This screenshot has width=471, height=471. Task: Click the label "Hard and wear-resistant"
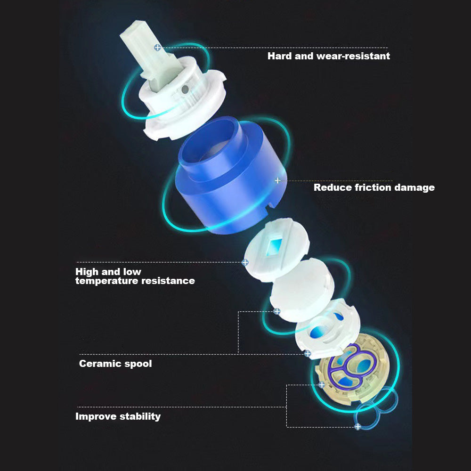pos(329,56)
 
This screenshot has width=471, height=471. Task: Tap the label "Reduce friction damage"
pos(374,187)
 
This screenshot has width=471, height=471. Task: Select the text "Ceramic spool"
pos(115,364)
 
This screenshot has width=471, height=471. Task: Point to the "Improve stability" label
pos(118,416)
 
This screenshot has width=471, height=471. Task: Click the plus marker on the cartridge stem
pos(157,48)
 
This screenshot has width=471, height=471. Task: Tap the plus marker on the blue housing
pos(277,180)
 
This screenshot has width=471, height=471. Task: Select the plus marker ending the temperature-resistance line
pos(245,262)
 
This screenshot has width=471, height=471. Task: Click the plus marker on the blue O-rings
pos(357,427)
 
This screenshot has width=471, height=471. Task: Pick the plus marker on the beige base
pos(322,384)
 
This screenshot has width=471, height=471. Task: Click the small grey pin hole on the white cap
pos(185,89)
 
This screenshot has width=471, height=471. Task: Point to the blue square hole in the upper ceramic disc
pos(274,246)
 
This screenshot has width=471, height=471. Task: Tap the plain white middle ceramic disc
pos(302,290)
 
